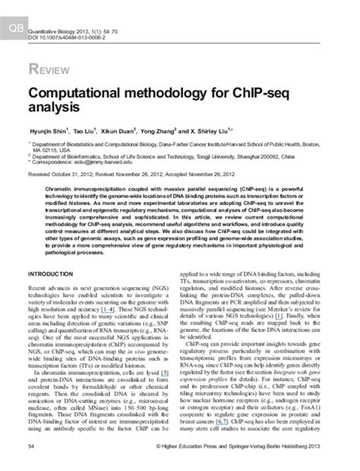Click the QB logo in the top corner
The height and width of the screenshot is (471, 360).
pos(14,8)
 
